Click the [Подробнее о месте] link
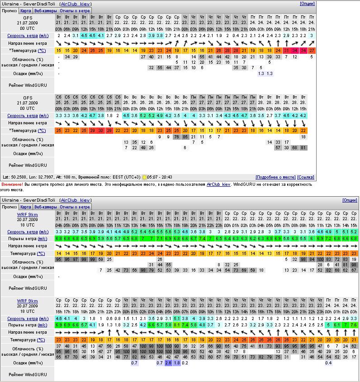point(275,177)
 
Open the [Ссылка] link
point(306,177)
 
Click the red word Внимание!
point(12,184)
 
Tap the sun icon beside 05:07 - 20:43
point(144,177)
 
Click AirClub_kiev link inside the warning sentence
point(218,184)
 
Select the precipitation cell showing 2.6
point(168,363)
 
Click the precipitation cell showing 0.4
point(329,363)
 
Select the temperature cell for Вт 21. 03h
point(59,50)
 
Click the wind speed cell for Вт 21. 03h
point(59,36)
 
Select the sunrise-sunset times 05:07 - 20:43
point(160,177)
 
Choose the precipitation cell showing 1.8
point(177,363)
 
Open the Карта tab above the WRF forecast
point(26,207)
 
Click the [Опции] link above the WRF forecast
point(350,200)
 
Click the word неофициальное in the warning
point(127,184)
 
